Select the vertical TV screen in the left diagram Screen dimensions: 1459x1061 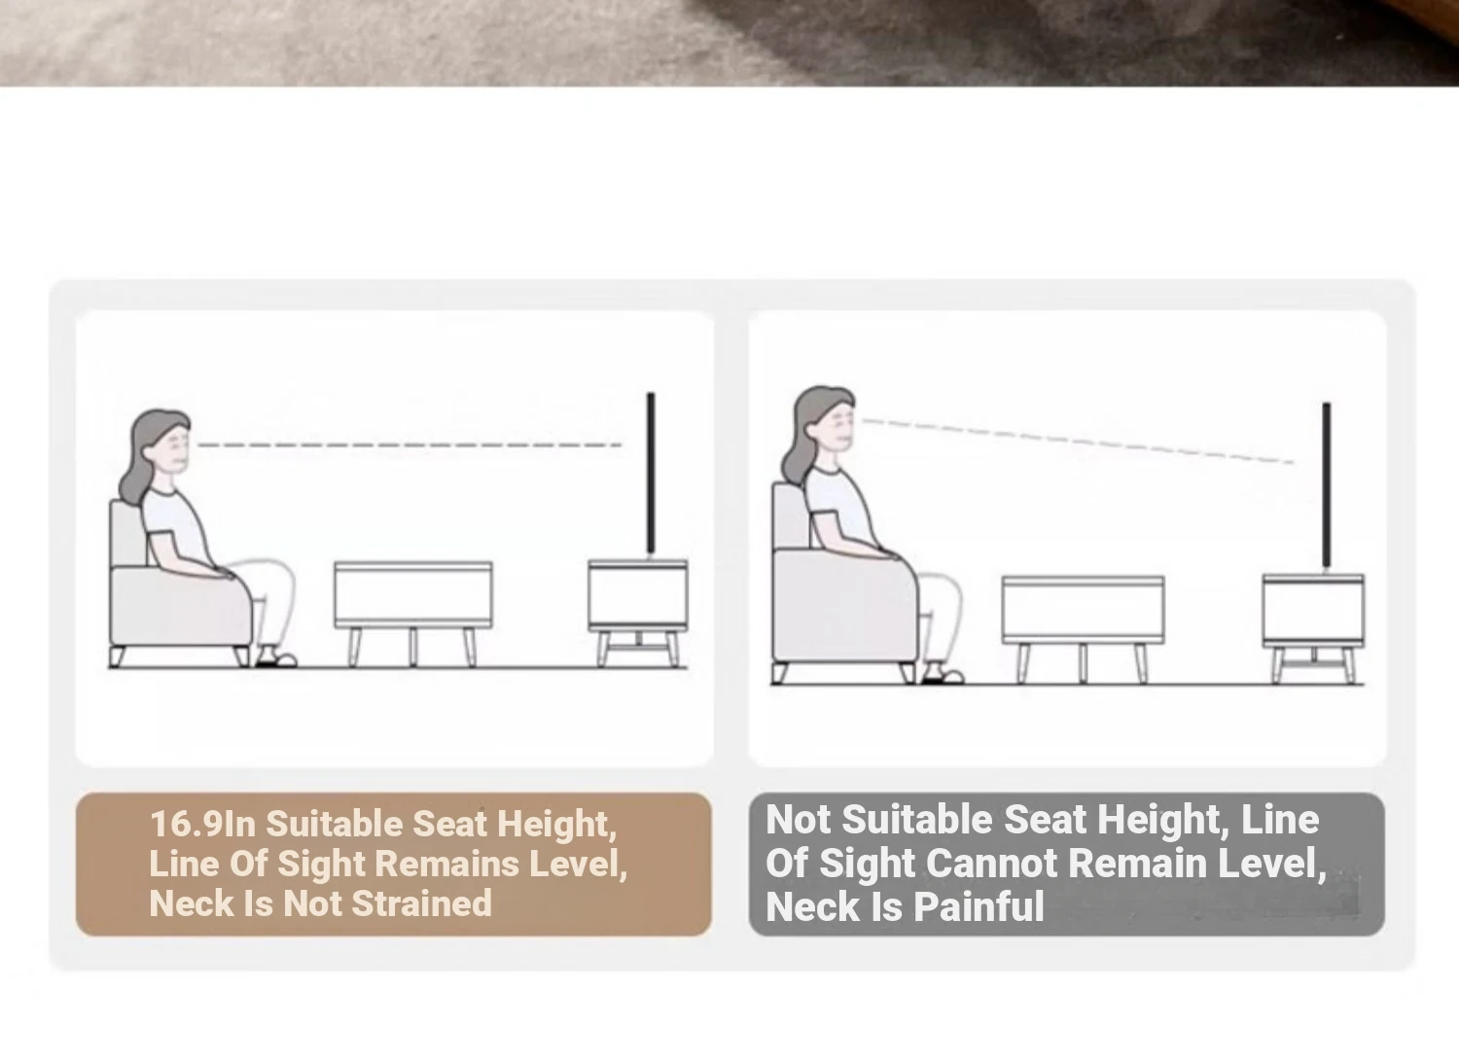[650, 474]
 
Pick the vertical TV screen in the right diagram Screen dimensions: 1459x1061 [1326, 485]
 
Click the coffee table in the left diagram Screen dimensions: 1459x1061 [413, 614]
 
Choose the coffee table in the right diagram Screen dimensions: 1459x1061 [1084, 629]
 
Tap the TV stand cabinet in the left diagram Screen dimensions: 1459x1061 [638, 614]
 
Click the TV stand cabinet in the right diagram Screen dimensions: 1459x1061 [1313, 629]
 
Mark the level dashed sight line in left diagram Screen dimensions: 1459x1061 [409, 445]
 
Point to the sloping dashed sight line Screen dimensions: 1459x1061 [1078, 442]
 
